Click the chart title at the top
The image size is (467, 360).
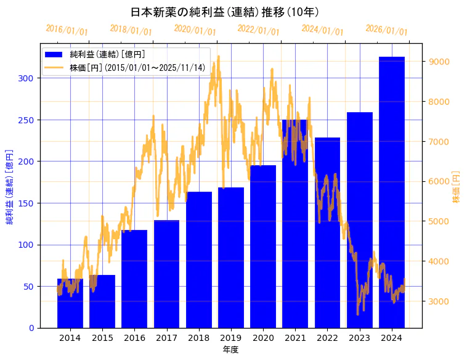coord(225,12)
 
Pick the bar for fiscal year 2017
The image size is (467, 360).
coord(166,274)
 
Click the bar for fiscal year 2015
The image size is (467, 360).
coord(102,301)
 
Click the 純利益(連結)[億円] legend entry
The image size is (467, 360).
coord(107,54)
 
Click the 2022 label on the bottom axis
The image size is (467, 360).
coord(327,338)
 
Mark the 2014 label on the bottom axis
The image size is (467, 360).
coord(70,338)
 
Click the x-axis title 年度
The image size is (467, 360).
coord(230,350)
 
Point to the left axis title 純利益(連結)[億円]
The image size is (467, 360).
coord(10,186)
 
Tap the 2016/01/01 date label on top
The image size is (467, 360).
coord(67,30)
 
